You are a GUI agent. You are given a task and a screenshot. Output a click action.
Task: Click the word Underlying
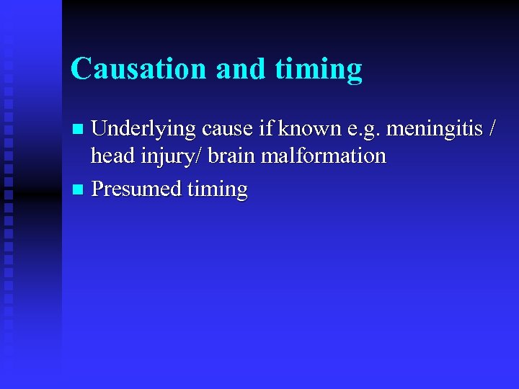tap(143, 130)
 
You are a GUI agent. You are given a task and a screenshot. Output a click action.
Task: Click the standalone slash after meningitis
tap(492, 130)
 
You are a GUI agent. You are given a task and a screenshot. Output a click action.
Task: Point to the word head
tap(109, 155)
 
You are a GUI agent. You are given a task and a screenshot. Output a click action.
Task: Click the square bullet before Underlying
tap(79, 130)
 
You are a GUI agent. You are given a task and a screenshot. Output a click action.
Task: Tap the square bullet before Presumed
tap(79, 189)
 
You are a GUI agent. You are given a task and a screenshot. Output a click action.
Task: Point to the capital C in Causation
tap(80, 69)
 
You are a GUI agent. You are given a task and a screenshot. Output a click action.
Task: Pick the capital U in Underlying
tap(99, 130)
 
